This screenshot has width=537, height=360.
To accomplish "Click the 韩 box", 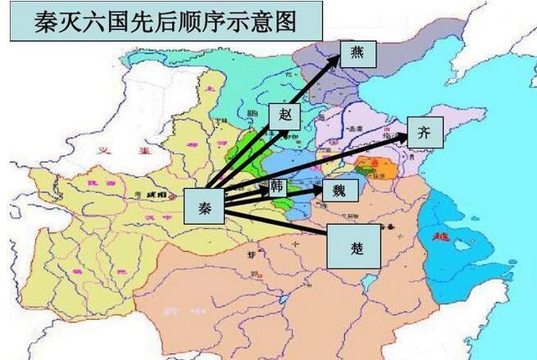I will click(278, 185).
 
